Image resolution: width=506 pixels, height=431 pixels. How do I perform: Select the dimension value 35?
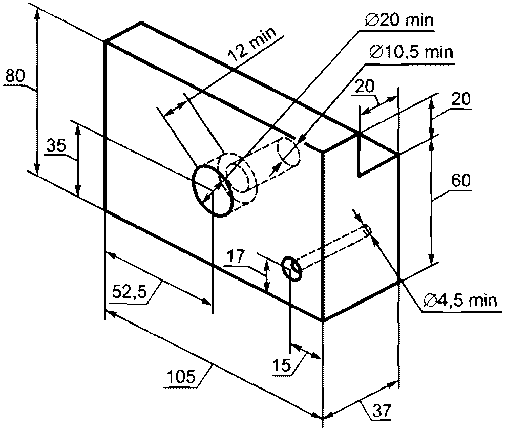click(x=56, y=146)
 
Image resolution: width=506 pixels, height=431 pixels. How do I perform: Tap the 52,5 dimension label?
click(x=130, y=292)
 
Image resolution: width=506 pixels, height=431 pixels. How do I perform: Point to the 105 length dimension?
click(x=182, y=376)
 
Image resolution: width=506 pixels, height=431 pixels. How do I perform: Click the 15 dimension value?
click(x=282, y=366)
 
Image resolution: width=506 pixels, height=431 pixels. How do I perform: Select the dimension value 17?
click(x=236, y=257)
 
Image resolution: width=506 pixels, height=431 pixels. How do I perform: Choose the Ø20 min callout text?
click(x=399, y=20)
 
